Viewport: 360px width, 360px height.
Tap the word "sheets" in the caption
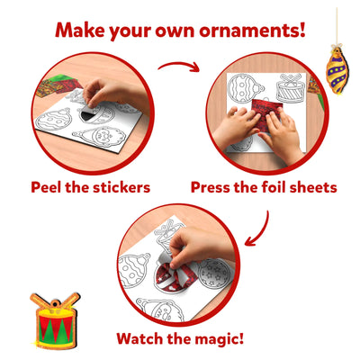(x=311, y=188)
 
